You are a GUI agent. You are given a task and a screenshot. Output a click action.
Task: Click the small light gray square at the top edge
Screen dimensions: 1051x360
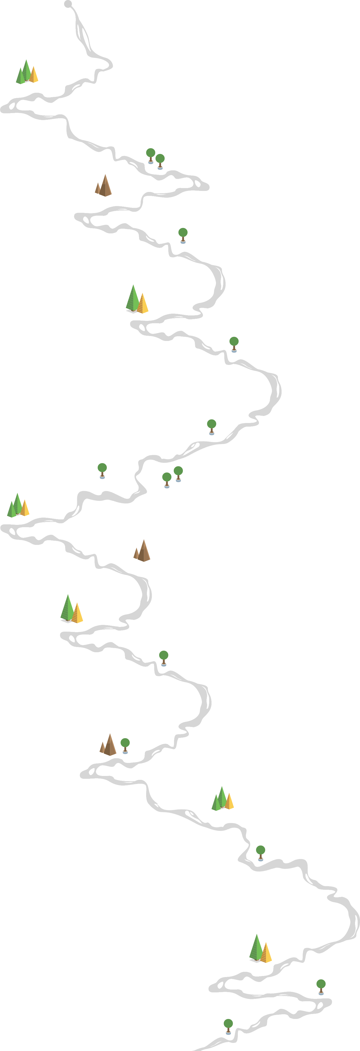point(68,4)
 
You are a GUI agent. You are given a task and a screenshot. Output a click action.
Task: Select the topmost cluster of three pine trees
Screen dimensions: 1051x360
point(27,72)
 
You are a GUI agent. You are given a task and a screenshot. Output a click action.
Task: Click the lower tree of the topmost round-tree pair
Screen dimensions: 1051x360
point(160,161)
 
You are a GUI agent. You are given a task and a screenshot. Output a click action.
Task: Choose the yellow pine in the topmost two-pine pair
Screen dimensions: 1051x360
point(142,303)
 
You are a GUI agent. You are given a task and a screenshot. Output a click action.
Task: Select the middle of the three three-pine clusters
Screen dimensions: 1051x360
point(18,505)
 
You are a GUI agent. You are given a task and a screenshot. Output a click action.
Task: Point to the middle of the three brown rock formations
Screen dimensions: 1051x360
point(142,551)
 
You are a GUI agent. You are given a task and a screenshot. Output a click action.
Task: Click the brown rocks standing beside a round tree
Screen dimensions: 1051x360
point(108,745)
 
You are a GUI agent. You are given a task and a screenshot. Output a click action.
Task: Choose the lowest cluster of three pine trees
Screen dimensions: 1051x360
point(222,798)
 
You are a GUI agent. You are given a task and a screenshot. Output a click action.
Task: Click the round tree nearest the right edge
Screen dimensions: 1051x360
point(321,987)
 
